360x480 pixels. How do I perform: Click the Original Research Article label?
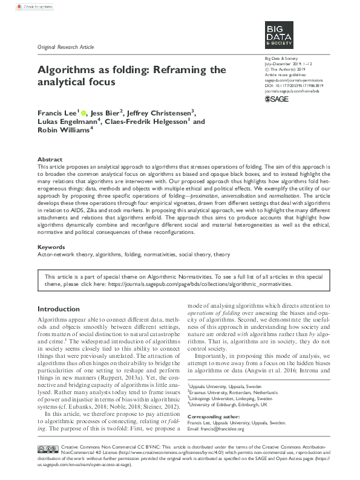point(66,47)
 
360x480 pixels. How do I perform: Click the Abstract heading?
point(50,158)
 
